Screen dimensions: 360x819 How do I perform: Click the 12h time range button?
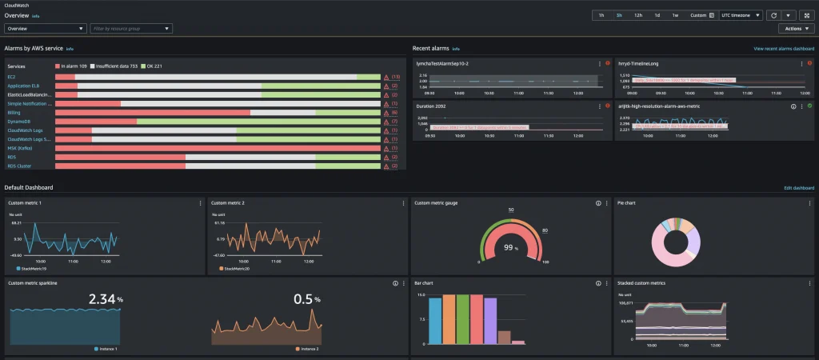click(638, 15)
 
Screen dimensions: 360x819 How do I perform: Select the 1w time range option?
click(675, 15)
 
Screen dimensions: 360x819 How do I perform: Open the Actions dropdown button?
click(796, 29)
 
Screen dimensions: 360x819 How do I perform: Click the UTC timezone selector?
click(740, 15)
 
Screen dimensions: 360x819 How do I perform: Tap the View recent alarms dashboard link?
click(783, 49)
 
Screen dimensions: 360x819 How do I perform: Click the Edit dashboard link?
click(799, 188)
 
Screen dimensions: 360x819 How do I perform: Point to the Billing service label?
click(14, 112)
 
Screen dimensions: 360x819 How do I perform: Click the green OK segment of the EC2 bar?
click(369, 77)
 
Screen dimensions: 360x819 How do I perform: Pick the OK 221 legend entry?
click(150, 66)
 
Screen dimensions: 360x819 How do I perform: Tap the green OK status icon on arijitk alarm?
click(809, 106)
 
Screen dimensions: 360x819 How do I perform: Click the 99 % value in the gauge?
click(509, 249)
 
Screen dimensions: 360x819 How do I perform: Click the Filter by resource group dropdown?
click(130, 29)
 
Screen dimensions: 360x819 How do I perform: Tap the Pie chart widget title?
click(626, 203)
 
